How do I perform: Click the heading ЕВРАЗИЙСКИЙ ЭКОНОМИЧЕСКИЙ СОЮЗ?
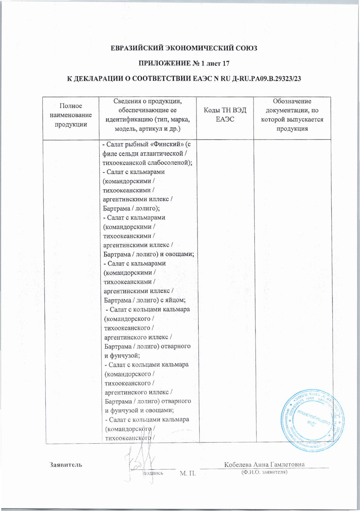(x=184, y=48)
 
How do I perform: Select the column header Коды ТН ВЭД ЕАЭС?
(x=225, y=114)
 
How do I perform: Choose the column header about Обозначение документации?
(x=292, y=115)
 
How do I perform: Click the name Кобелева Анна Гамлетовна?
(x=264, y=464)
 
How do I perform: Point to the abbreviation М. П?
(x=188, y=473)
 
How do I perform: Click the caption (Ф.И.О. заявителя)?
(x=265, y=472)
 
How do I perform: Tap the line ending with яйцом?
(x=144, y=300)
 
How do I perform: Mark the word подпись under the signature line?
(x=153, y=473)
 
